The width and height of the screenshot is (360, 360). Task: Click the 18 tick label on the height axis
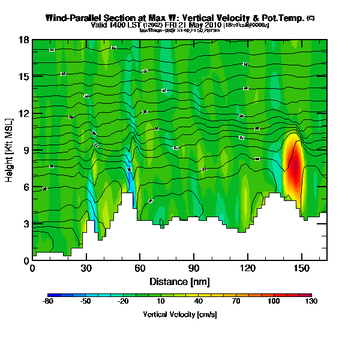coord(24,40)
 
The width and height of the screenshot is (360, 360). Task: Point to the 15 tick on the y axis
coord(24,76)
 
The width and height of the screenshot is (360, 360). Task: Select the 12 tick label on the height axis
coord(24,113)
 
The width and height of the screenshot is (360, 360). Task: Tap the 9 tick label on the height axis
coord(26,150)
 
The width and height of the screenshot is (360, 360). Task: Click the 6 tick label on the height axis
coord(26,187)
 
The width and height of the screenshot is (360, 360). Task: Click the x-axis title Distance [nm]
coord(179,281)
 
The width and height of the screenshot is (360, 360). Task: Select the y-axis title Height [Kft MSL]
coord(10,150)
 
